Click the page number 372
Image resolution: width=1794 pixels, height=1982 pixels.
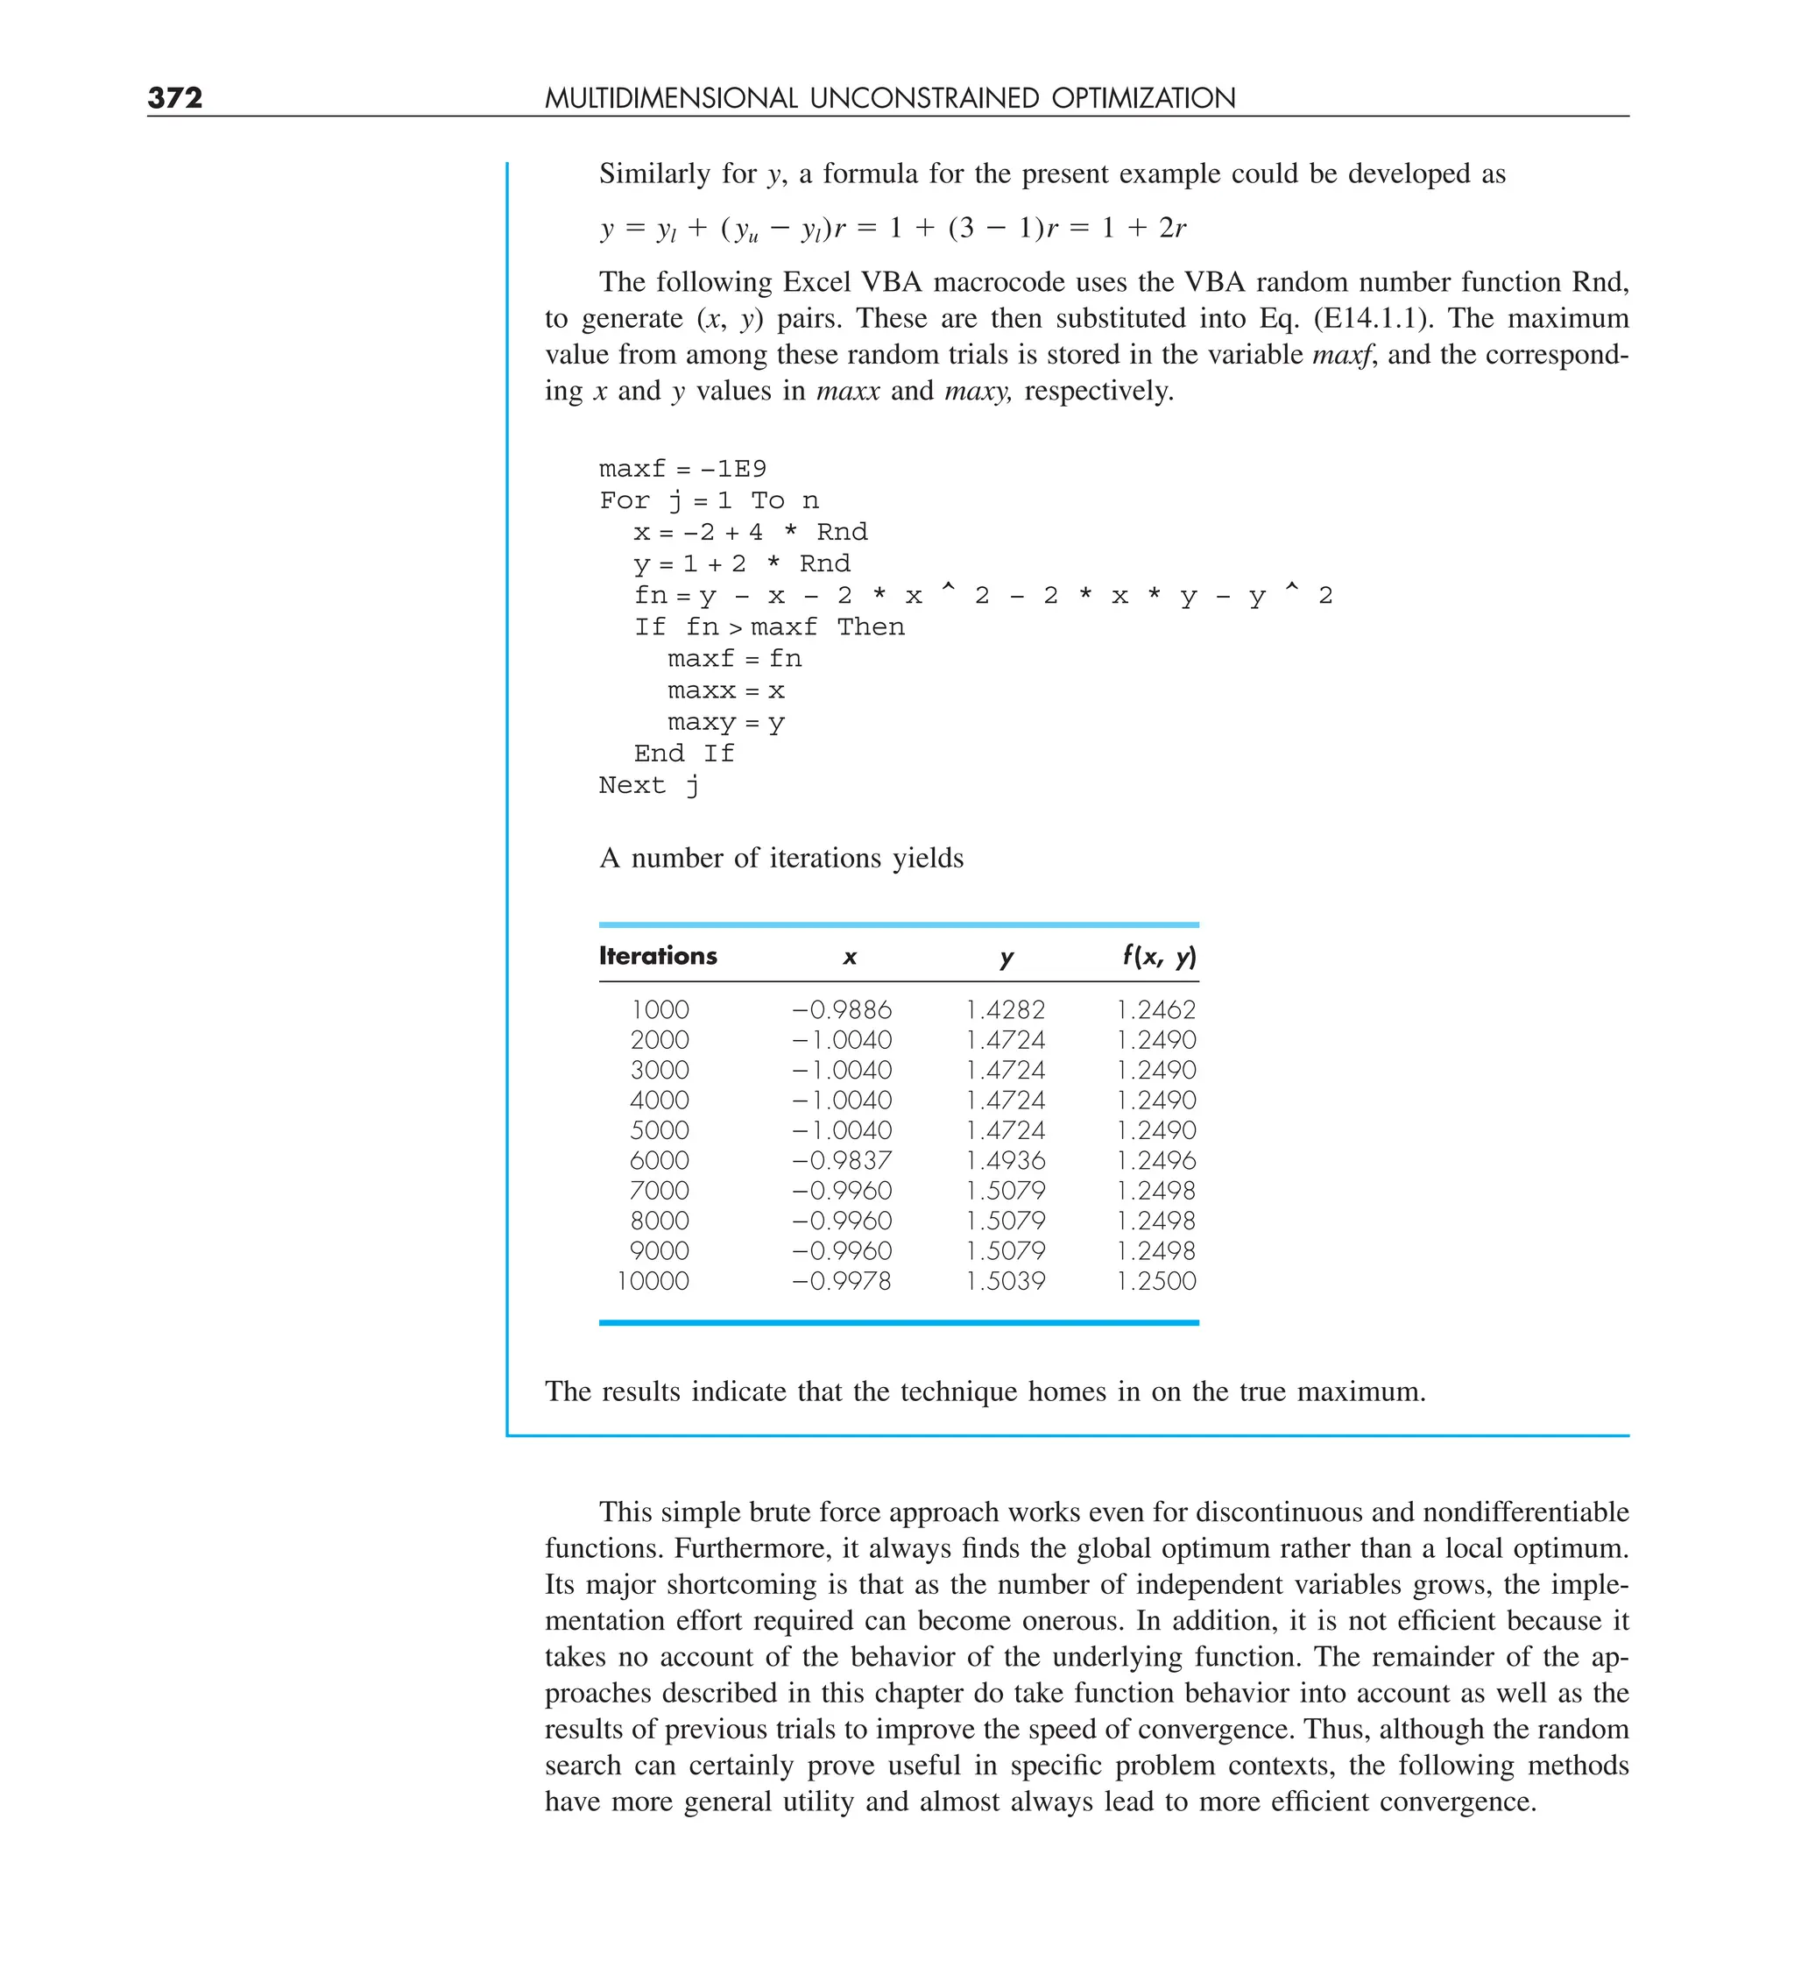[175, 97]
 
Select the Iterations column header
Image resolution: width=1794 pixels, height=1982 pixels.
[658, 956]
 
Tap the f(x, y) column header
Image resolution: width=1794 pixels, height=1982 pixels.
[1159, 956]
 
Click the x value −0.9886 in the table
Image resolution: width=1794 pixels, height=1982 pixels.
[842, 1009]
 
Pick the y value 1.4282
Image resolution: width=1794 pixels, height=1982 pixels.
[1005, 1009]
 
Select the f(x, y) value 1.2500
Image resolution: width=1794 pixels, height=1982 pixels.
[1156, 1281]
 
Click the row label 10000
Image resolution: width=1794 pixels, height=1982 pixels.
[653, 1281]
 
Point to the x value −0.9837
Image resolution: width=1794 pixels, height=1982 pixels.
[842, 1160]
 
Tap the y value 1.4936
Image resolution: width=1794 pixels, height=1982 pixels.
[1005, 1160]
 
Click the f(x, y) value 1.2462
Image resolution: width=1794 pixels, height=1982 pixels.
[1156, 1009]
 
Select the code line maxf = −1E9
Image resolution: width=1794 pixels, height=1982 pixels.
[682, 469]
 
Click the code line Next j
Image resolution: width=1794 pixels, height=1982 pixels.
[649, 785]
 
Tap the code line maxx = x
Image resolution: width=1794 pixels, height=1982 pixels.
[725, 691]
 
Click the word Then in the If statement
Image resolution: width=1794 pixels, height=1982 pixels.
[870, 627]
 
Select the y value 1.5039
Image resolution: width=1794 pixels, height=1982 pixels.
[1005, 1281]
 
